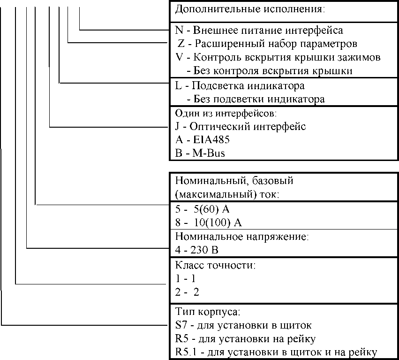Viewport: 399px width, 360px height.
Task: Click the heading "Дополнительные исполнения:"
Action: point(249,9)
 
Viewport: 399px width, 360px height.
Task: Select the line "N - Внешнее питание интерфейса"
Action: point(259,31)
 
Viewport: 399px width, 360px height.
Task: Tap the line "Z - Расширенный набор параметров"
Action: point(268,44)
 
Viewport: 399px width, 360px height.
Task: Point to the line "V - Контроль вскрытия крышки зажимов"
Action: point(278,58)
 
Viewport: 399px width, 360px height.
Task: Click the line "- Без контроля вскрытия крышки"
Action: point(269,71)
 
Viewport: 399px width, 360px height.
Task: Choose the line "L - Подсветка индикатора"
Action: point(240,86)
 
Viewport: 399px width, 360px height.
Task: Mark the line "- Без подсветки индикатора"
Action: point(256,100)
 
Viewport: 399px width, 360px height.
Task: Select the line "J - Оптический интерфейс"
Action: point(240,127)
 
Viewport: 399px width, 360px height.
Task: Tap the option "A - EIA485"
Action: point(202,140)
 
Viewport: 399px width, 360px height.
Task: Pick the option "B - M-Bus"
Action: point(200,154)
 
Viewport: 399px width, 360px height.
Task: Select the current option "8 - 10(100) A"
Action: point(208,222)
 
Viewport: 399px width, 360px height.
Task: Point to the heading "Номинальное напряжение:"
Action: point(241,236)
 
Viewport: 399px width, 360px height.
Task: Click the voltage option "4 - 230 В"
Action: point(197,249)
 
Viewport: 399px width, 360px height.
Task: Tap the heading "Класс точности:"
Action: point(215,265)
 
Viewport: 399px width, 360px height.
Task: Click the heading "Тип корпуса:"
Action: point(207,312)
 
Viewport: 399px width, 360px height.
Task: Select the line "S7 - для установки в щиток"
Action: point(243,325)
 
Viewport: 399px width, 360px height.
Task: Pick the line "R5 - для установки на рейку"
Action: point(245,339)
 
